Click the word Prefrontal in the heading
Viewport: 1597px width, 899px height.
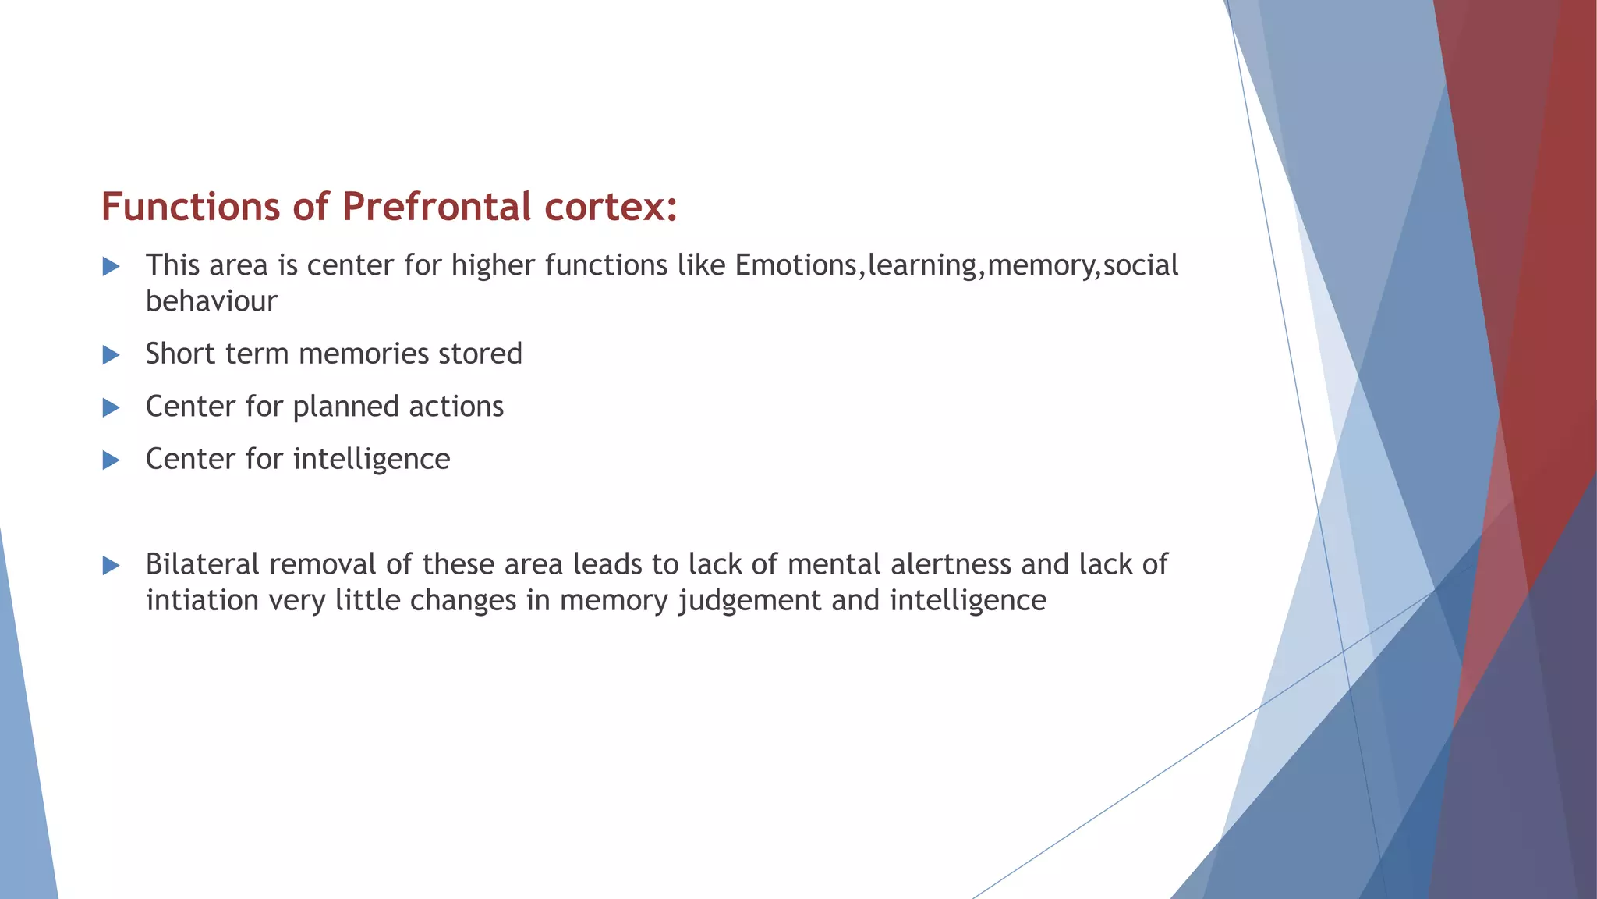tap(437, 208)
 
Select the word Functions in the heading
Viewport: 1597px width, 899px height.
tap(190, 208)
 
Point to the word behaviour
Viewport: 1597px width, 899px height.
tap(211, 301)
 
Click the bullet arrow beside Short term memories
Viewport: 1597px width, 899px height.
tap(112, 355)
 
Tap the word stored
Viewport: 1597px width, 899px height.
tap(480, 354)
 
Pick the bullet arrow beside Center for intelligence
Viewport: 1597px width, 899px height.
tap(112, 460)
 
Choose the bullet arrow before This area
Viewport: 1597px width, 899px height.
tap(112, 267)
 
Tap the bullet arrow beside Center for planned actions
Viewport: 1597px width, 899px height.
tap(112, 407)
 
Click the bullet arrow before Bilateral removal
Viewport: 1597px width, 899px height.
tap(112, 566)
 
